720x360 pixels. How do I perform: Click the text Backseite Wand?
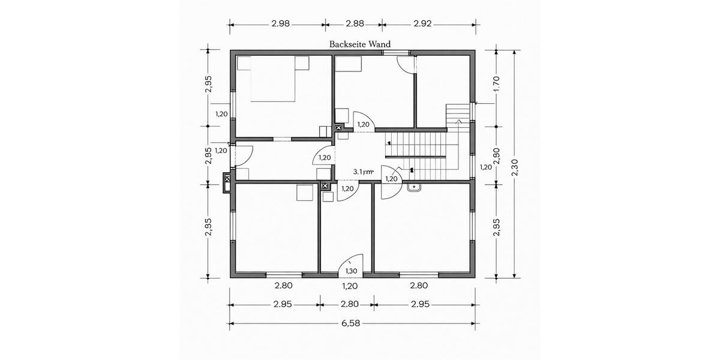360,44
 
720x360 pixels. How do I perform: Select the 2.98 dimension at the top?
280,24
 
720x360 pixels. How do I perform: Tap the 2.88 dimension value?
355,24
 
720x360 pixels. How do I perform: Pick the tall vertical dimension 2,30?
514,166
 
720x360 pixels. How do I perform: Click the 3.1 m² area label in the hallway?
363,172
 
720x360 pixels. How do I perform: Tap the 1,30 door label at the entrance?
350,271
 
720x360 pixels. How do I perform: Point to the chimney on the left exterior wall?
227,182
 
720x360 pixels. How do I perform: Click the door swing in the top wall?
406,65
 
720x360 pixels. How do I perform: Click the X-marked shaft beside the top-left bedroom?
338,127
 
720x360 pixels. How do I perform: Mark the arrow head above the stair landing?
459,121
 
